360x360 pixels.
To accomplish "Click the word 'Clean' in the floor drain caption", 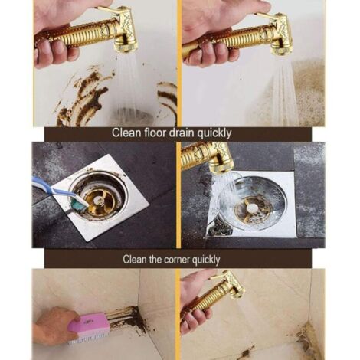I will click(x=126, y=133).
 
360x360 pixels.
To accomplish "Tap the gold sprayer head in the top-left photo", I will click(x=123, y=31).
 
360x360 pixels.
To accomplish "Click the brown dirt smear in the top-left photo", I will click(x=84, y=96).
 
